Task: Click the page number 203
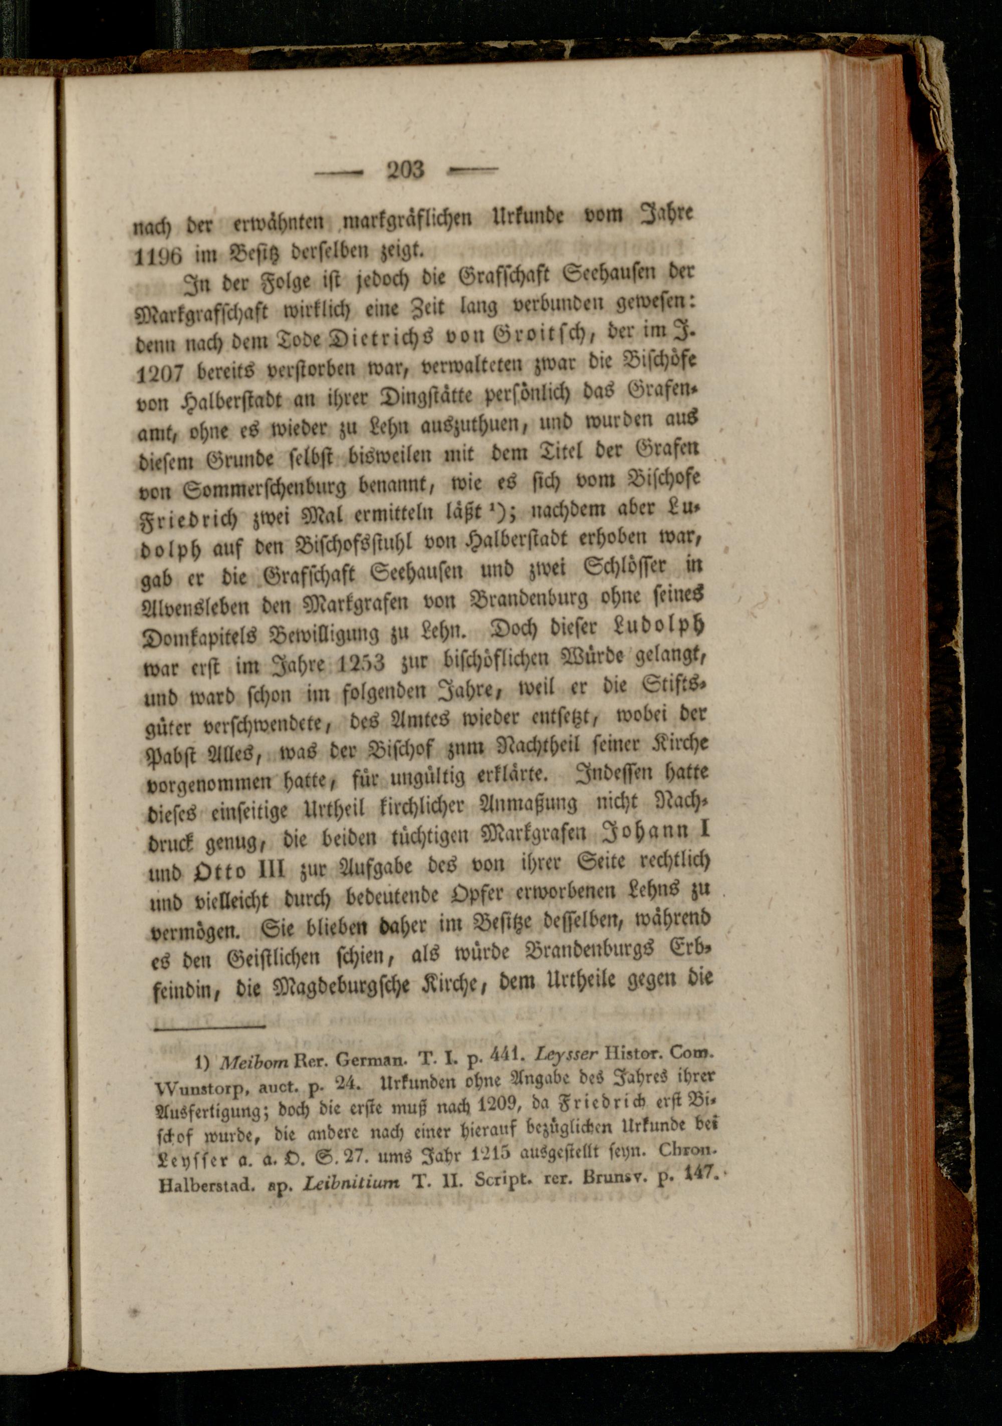(x=405, y=169)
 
